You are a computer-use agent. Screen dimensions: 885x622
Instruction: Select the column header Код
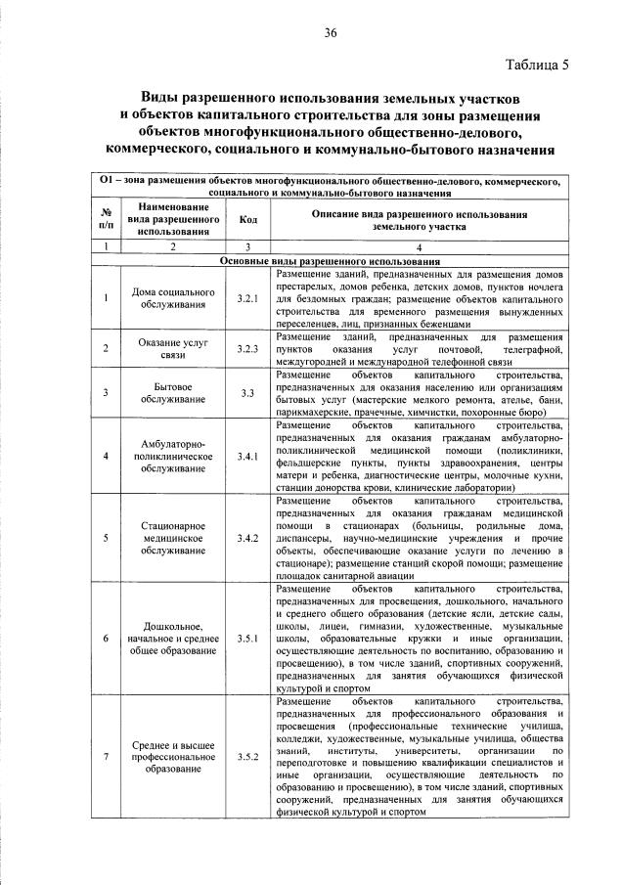tap(248, 218)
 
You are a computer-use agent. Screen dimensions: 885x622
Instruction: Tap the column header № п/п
tap(104, 218)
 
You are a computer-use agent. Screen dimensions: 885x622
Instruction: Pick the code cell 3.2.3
tap(248, 348)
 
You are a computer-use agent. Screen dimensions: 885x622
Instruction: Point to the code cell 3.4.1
tap(248, 456)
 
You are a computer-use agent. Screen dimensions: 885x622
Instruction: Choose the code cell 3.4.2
tap(248, 538)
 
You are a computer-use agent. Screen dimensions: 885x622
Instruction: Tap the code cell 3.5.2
tap(248, 756)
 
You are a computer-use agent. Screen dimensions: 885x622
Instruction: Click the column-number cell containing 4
tap(421, 248)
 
